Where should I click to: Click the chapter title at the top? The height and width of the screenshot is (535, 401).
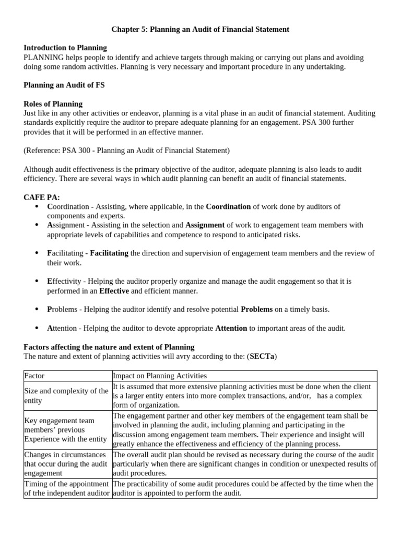pyautogui.click(x=200, y=30)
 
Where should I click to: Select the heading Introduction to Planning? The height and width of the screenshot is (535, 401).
pyautogui.click(x=65, y=48)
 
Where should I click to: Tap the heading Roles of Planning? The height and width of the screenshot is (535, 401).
pyautogui.click(x=53, y=103)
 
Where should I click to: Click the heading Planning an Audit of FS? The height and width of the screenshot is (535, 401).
pyautogui.click(x=64, y=85)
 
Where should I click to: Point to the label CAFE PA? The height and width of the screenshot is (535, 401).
pyautogui.click(x=42, y=197)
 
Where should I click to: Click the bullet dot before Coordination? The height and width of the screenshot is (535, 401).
pyautogui.click(x=36, y=206)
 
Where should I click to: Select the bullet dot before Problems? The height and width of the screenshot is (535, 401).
pyautogui.click(x=36, y=309)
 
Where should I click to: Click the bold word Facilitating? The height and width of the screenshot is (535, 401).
pyautogui.click(x=109, y=253)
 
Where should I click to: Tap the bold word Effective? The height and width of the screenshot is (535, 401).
pyautogui.click(x=114, y=290)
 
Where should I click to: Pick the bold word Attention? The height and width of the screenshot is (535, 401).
pyautogui.click(x=231, y=328)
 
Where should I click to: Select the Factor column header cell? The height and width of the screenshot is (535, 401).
pyautogui.click(x=68, y=376)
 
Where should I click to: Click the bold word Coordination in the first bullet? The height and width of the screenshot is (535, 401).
pyautogui.click(x=228, y=206)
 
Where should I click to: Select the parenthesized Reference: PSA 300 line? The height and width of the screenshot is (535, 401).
pyautogui.click(x=126, y=150)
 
